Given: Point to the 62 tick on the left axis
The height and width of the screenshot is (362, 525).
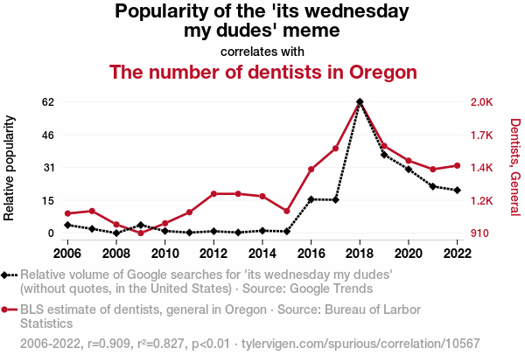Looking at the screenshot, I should (48, 101).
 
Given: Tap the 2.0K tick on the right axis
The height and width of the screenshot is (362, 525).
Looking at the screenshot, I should (482, 101).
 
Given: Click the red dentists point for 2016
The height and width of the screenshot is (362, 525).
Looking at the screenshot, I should (311, 169).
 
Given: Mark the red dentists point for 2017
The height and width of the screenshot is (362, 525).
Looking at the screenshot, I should (335, 148).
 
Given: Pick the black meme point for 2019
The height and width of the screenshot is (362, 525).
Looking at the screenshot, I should (384, 155).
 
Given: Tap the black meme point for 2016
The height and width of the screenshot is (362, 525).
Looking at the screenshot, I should (311, 199).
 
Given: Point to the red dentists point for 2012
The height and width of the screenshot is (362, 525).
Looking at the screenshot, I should (213, 193).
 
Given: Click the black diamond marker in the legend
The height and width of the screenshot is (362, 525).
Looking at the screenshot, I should (9, 275).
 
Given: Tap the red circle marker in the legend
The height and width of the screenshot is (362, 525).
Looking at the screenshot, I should (9, 310).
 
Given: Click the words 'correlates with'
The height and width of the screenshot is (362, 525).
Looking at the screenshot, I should (262, 50).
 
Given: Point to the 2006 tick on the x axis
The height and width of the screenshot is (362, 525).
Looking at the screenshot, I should (67, 254).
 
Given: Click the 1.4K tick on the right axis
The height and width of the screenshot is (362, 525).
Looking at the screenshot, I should (482, 168).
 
